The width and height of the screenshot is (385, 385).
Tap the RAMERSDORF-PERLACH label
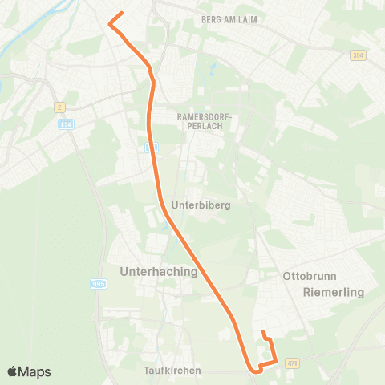click(204, 122)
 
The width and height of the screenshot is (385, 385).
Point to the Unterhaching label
click(158, 272)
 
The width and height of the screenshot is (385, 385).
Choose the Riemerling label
click(334, 293)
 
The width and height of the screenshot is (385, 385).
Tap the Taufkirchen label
click(172, 371)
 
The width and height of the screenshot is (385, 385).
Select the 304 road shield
click(358, 55)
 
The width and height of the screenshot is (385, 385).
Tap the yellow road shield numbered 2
click(59, 107)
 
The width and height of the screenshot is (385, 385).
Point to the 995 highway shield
click(98, 282)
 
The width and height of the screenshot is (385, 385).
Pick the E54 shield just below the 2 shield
click(66, 124)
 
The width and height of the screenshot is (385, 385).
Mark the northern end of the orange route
click(122, 14)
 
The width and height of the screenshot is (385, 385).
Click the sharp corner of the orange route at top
click(110, 25)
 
